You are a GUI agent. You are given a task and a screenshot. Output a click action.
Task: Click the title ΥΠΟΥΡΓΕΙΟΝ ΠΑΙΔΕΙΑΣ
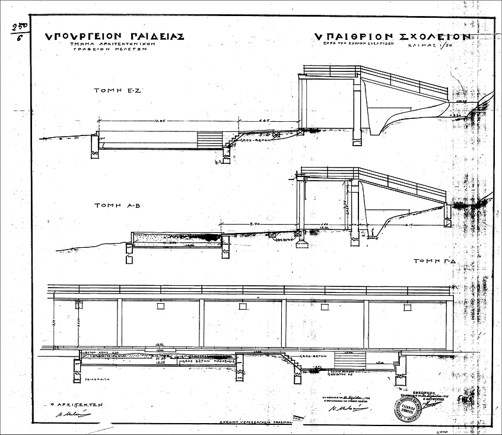coord(115,36)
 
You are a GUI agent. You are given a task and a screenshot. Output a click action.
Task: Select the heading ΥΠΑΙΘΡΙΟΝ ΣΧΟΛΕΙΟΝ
coord(393,36)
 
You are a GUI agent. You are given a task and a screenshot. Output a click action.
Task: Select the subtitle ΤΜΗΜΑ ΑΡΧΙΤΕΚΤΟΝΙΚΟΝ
coord(106,45)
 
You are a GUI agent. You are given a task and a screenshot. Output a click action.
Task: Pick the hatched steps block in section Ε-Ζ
coord(209,140)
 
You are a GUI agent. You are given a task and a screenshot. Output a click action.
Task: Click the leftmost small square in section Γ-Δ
coord(78,305)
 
